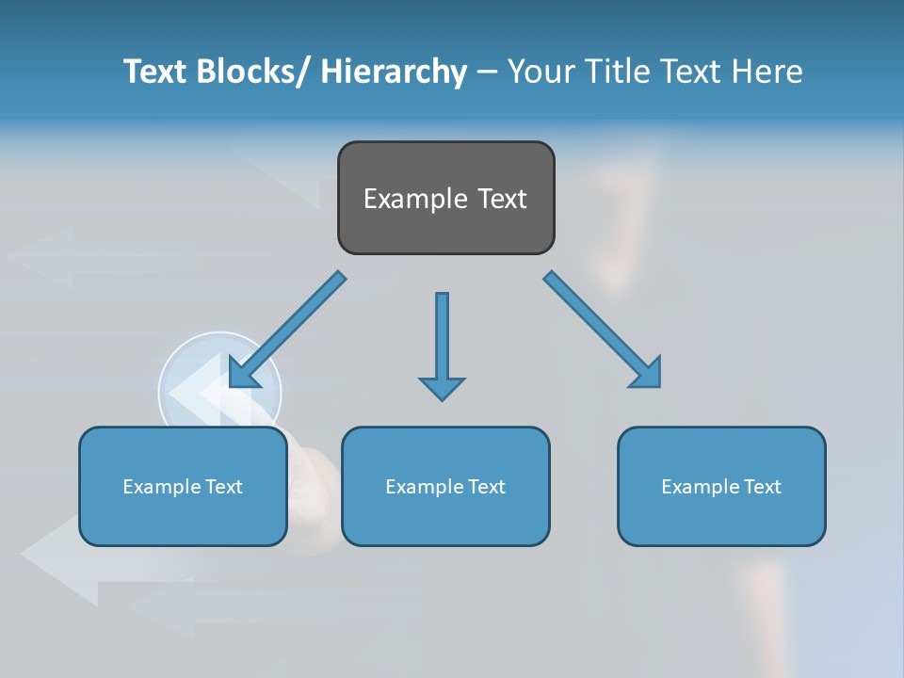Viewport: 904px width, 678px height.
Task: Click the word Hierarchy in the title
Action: click(394, 72)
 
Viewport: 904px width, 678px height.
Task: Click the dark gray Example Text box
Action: click(445, 198)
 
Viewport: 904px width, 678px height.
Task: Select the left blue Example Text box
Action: click(183, 487)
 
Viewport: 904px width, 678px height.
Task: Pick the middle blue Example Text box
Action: click(445, 487)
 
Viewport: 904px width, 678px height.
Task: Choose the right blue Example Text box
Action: click(721, 487)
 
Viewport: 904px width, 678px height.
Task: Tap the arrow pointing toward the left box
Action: click(287, 330)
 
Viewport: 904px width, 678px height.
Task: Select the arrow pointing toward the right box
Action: click(601, 330)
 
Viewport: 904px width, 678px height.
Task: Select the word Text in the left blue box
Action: click(224, 487)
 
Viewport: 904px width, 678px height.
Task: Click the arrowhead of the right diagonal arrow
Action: click(647, 373)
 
